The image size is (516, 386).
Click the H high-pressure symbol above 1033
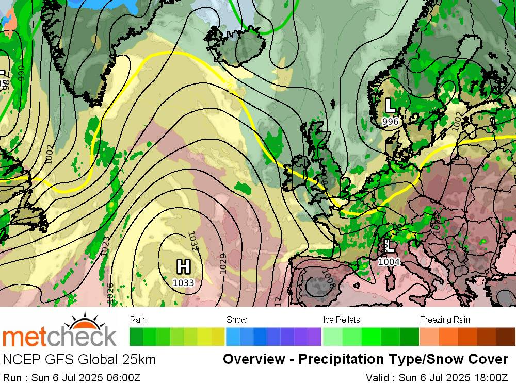pos(184,267)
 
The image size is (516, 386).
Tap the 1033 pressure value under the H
pos(184,282)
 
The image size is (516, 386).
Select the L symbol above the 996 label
pos(391,106)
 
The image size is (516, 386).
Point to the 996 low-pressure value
pos(391,121)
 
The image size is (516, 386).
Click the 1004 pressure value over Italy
pos(389,262)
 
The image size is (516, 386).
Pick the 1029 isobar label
pos(223,263)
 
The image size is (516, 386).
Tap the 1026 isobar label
pos(110,292)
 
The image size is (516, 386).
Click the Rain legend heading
pos(138,320)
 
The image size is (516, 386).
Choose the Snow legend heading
pos(237,320)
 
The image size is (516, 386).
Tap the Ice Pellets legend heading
pos(342,320)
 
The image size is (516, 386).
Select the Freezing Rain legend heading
pos(445,320)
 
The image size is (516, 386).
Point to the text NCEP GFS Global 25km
pos(79,359)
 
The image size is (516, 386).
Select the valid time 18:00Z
pos(488,377)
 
